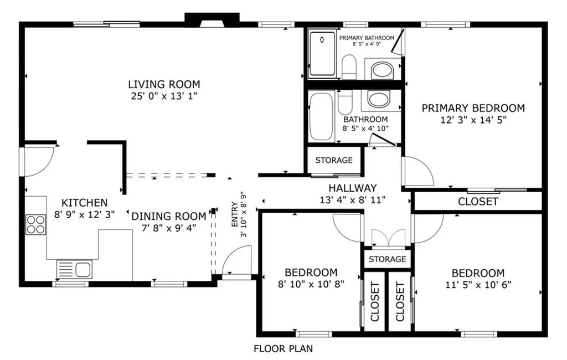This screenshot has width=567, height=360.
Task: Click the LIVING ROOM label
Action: [x=164, y=84]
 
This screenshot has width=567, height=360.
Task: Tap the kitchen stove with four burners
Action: [x=36, y=225]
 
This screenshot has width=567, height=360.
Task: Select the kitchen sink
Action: [x=75, y=269]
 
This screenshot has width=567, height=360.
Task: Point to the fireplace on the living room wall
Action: [x=212, y=20]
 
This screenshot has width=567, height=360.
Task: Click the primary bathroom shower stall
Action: [x=323, y=54]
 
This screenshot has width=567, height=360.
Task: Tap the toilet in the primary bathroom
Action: [x=349, y=67]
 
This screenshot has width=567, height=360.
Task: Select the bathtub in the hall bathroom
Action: [x=322, y=117]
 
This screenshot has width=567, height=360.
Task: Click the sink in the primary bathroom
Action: [x=383, y=69]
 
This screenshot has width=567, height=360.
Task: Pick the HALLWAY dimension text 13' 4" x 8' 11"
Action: [x=353, y=200]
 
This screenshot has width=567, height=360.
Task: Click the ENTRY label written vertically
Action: [x=235, y=214]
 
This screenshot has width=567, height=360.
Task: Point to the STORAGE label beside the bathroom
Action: [x=334, y=160]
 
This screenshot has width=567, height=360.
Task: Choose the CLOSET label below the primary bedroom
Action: [x=478, y=202]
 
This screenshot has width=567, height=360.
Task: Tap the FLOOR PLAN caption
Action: [x=283, y=349]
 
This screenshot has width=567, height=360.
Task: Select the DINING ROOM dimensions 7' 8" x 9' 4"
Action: [x=169, y=228]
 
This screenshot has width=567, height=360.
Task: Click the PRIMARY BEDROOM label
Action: [x=473, y=108]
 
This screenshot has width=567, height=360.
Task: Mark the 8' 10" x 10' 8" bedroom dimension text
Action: [x=311, y=284]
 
